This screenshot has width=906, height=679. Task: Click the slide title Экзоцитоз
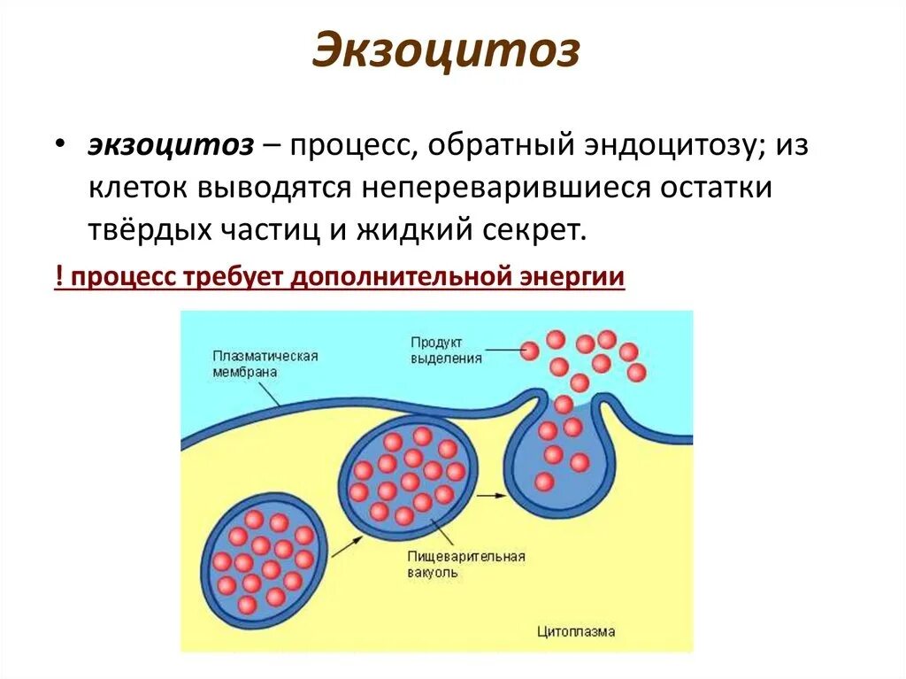[446, 52]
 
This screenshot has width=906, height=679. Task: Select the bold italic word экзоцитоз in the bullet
[170, 147]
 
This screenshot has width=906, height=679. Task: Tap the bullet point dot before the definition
[58, 147]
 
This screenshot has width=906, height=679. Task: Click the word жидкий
[416, 230]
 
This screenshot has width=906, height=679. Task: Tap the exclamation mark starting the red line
[58, 276]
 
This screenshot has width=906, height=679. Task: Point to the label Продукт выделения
[446, 350]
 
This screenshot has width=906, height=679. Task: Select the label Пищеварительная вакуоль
[466, 564]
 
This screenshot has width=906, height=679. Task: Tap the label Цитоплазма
[576, 631]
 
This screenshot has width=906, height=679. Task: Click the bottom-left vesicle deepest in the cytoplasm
[262, 558]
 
